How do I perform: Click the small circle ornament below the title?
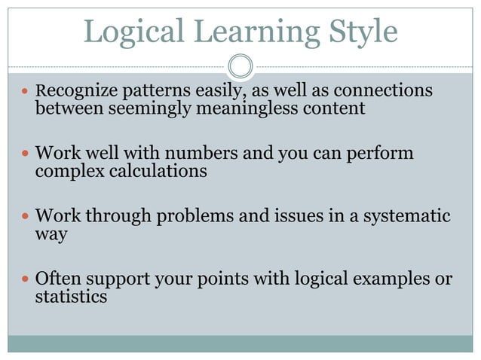[240, 66]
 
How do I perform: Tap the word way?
[51, 234]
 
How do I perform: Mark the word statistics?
[71, 297]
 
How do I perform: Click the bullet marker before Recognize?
[23, 92]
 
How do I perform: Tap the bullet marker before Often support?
[23, 279]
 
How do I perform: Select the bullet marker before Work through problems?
[23, 217]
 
